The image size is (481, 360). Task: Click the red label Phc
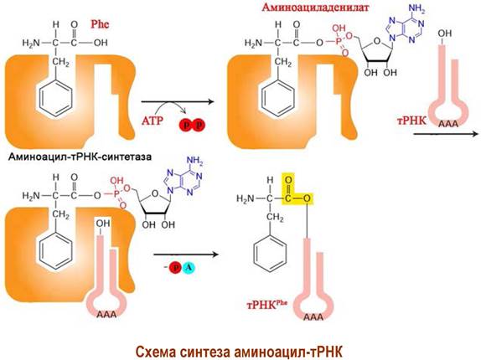100,24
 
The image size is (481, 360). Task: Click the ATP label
153,121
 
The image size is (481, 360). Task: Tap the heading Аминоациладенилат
315,7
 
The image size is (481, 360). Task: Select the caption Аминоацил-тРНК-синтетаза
80,157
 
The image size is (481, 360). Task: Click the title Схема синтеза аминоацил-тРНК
239,352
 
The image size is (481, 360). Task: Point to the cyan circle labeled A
189,268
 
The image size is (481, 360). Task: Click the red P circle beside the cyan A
176,268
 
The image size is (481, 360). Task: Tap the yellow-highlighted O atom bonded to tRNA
307,199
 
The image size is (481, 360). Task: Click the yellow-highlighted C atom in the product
288,199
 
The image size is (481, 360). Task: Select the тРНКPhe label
266,305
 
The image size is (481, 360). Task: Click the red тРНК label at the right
411,121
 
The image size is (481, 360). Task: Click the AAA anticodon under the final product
313,316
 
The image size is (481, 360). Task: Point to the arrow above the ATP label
177,101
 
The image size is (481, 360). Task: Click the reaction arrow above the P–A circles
186,255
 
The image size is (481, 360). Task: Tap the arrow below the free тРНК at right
446,134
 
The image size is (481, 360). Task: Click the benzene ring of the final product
271,253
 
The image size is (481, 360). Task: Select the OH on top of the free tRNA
444,33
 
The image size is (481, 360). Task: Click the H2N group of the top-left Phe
31,43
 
